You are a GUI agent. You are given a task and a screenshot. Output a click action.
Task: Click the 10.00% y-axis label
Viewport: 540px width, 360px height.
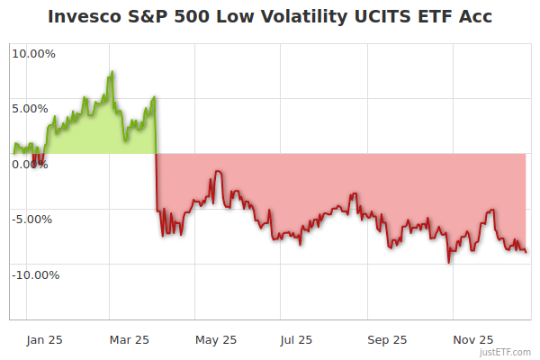[33, 53]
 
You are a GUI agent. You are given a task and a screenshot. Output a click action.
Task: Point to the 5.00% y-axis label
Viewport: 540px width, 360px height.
[30, 109]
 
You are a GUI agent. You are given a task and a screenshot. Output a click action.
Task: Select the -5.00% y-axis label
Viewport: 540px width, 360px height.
[31, 219]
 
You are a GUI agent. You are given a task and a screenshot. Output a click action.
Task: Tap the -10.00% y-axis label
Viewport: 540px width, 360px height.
[34, 274]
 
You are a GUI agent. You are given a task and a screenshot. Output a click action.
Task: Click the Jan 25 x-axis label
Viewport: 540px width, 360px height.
[43, 339]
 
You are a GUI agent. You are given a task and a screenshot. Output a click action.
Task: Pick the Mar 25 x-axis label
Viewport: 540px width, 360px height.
[129, 339]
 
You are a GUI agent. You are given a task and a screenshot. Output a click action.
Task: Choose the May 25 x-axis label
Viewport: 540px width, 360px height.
[216, 339]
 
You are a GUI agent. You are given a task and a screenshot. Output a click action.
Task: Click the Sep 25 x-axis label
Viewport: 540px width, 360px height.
[387, 339]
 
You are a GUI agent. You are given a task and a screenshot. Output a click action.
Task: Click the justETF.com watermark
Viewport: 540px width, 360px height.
[507, 352]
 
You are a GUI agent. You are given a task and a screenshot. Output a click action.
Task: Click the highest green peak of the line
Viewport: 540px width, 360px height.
[112, 72]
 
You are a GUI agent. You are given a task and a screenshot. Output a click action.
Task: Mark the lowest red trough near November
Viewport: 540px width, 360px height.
[448, 262]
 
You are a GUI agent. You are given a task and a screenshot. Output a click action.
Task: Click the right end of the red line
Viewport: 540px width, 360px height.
[526, 252]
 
